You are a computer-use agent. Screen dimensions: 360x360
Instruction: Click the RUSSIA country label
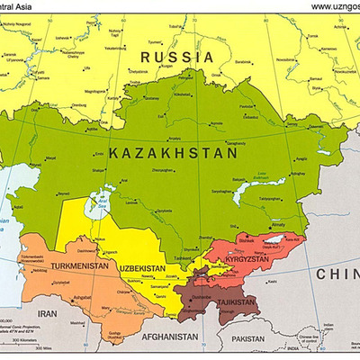click(176, 57)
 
